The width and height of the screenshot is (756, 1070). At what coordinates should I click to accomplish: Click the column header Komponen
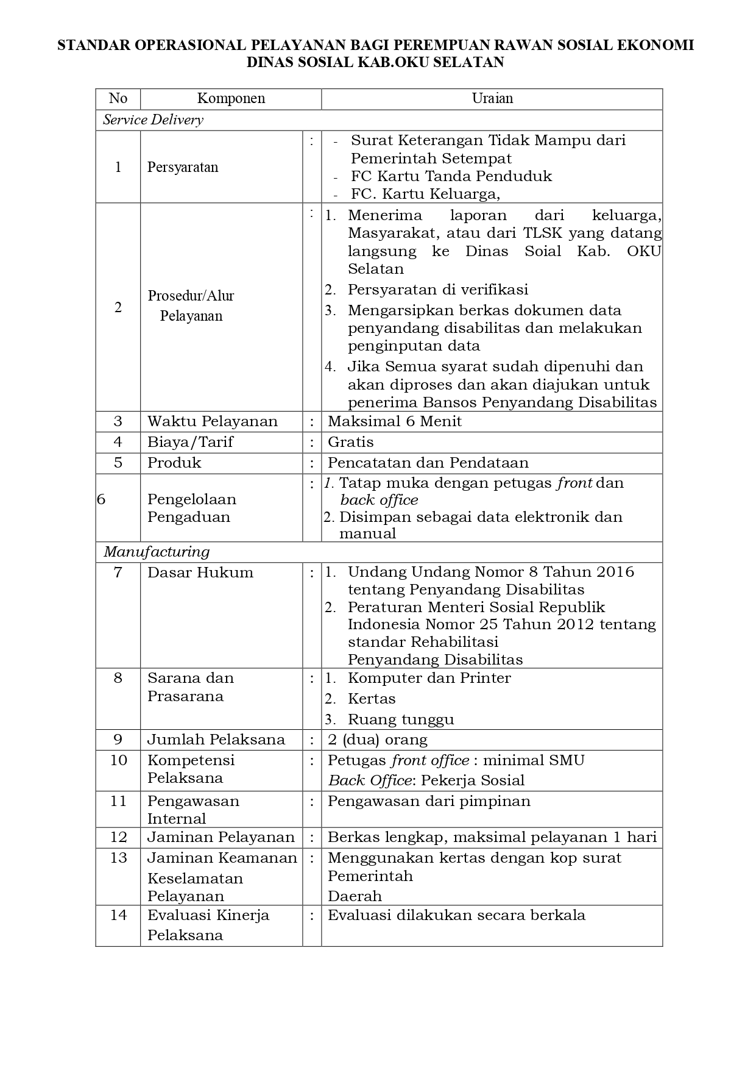click(231, 99)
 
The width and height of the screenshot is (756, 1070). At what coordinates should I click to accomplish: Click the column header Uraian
click(492, 99)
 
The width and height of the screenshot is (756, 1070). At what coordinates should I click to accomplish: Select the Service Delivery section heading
click(154, 120)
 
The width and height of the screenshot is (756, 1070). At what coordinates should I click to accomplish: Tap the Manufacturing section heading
click(157, 552)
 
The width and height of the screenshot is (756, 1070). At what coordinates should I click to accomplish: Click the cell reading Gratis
click(351, 442)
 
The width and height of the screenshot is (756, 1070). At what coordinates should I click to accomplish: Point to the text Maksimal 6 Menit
click(395, 421)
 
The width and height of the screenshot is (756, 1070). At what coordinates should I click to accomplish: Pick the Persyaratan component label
click(183, 167)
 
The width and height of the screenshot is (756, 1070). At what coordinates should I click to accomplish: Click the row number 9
click(118, 740)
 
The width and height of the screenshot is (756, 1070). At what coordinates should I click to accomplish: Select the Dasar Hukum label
click(200, 572)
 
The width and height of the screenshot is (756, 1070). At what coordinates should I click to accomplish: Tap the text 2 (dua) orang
click(378, 740)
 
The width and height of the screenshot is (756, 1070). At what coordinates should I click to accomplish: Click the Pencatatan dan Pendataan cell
click(428, 463)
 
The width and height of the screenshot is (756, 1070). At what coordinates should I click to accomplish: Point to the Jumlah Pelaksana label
click(216, 740)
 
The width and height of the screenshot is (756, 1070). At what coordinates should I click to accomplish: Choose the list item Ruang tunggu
click(401, 719)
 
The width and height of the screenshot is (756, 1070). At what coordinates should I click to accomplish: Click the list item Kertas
click(372, 699)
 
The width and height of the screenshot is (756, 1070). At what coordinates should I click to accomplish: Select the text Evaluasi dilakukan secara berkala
click(456, 915)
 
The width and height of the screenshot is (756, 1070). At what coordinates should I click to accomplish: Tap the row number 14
click(118, 915)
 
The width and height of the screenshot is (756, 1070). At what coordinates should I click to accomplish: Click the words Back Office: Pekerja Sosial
click(426, 780)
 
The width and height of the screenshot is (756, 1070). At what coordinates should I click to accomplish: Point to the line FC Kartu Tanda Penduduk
click(451, 176)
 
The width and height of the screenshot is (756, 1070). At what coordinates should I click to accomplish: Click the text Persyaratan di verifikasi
click(438, 290)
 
